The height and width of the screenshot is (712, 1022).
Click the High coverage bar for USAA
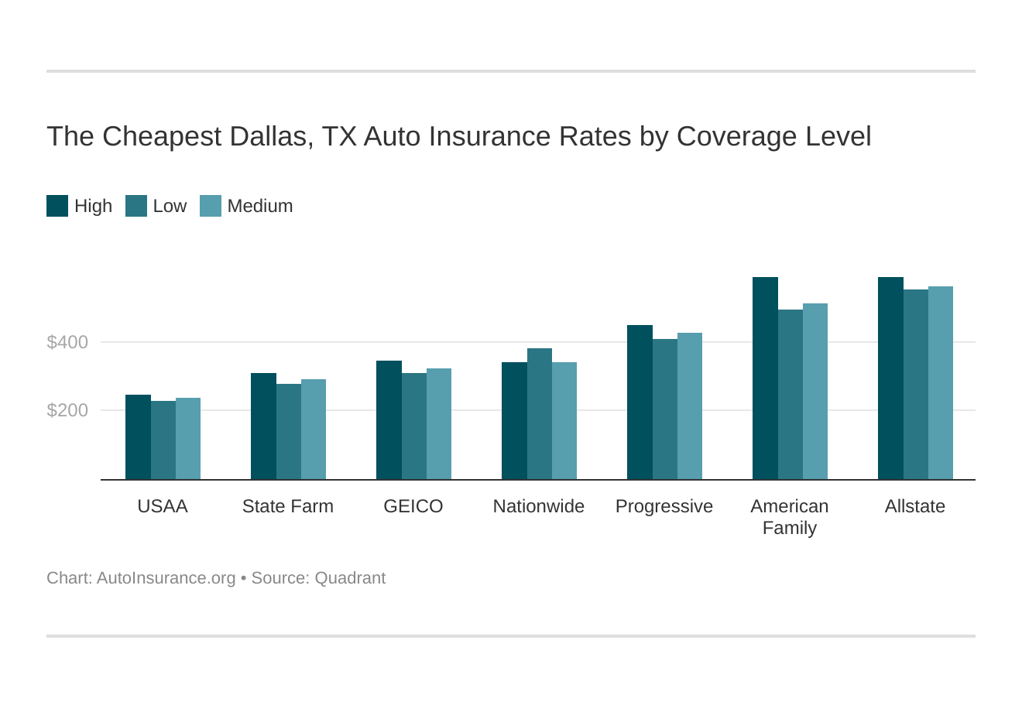click(138, 437)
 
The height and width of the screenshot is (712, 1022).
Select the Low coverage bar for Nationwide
click(540, 414)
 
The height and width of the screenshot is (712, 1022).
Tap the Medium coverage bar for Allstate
click(941, 383)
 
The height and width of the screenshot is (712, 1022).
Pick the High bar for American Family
click(765, 378)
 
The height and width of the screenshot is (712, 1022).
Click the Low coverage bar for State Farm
click(289, 432)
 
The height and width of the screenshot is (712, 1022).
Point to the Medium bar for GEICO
click(439, 424)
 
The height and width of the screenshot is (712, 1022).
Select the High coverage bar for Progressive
click(640, 402)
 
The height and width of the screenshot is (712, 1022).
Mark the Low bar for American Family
click(791, 395)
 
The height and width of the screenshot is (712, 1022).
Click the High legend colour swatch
click(57, 206)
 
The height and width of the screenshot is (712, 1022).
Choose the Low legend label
click(170, 206)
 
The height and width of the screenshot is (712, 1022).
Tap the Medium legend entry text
click(260, 206)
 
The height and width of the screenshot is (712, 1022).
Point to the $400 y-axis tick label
click(67, 342)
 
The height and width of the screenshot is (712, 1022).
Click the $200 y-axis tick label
click(67, 410)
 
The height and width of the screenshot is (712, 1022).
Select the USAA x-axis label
click(163, 506)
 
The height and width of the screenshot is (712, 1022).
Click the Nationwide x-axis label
click(539, 506)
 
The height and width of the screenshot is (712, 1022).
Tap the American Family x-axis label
click(790, 517)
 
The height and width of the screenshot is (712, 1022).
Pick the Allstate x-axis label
click(915, 506)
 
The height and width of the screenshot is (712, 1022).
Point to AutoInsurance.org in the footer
click(166, 578)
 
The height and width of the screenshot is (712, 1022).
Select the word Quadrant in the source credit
click(350, 578)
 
